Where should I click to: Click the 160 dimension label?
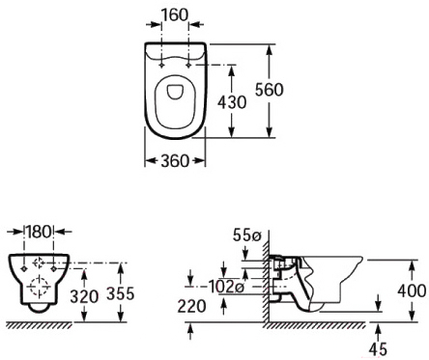pyautogui.click(x=174, y=14)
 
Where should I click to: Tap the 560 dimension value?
pyautogui.click(x=269, y=90)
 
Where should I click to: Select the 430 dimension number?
pyautogui.click(x=232, y=102)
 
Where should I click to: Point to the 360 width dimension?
pyautogui.click(x=175, y=160)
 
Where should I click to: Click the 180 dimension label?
pyautogui.click(x=39, y=232)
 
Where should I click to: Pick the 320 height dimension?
pyautogui.click(x=84, y=296)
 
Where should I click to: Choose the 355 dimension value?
pyautogui.click(x=120, y=293)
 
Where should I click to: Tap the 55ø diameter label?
pyautogui.click(x=246, y=235)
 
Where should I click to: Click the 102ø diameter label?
pyautogui.click(x=227, y=287)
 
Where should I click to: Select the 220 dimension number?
pyautogui.click(x=191, y=306)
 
